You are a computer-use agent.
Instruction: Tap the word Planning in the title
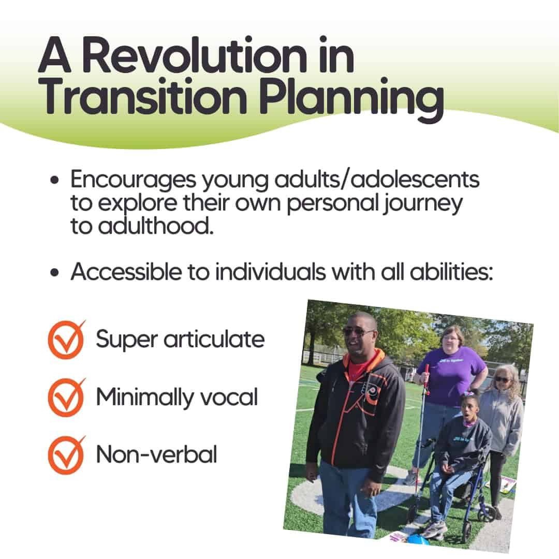click(351, 97)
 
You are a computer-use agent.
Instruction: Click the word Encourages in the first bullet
click(133, 180)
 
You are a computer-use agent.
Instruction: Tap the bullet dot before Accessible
click(54, 273)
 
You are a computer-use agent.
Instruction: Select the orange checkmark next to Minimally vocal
click(67, 398)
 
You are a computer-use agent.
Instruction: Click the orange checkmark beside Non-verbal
click(67, 455)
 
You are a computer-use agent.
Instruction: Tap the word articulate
click(214, 339)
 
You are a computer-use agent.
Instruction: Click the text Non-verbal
click(156, 454)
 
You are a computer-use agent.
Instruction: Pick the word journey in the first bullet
click(422, 204)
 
